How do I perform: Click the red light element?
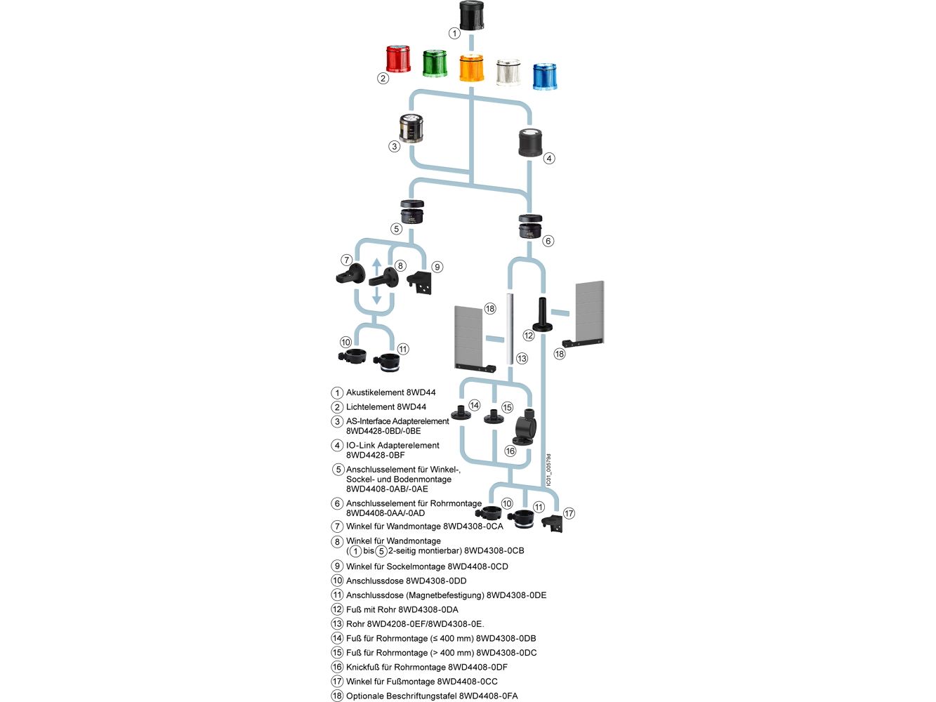point(398,59)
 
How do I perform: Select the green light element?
point(435,63)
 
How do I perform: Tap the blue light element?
point(545,77)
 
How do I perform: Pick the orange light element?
point(471,68)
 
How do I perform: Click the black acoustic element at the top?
point(471,15)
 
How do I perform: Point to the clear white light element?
point(508,72)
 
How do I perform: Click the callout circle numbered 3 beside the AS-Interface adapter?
point(394,146)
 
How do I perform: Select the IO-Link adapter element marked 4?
point(530,143)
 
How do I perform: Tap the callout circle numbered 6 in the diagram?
point(548,241)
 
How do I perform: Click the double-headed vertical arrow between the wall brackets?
point(376,281)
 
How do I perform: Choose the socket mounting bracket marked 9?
point(419,282)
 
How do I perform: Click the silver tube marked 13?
point(509,329)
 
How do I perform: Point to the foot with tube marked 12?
point(542,314)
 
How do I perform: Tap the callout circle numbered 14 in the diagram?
point(474,405)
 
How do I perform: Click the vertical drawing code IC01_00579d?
point(549,470)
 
